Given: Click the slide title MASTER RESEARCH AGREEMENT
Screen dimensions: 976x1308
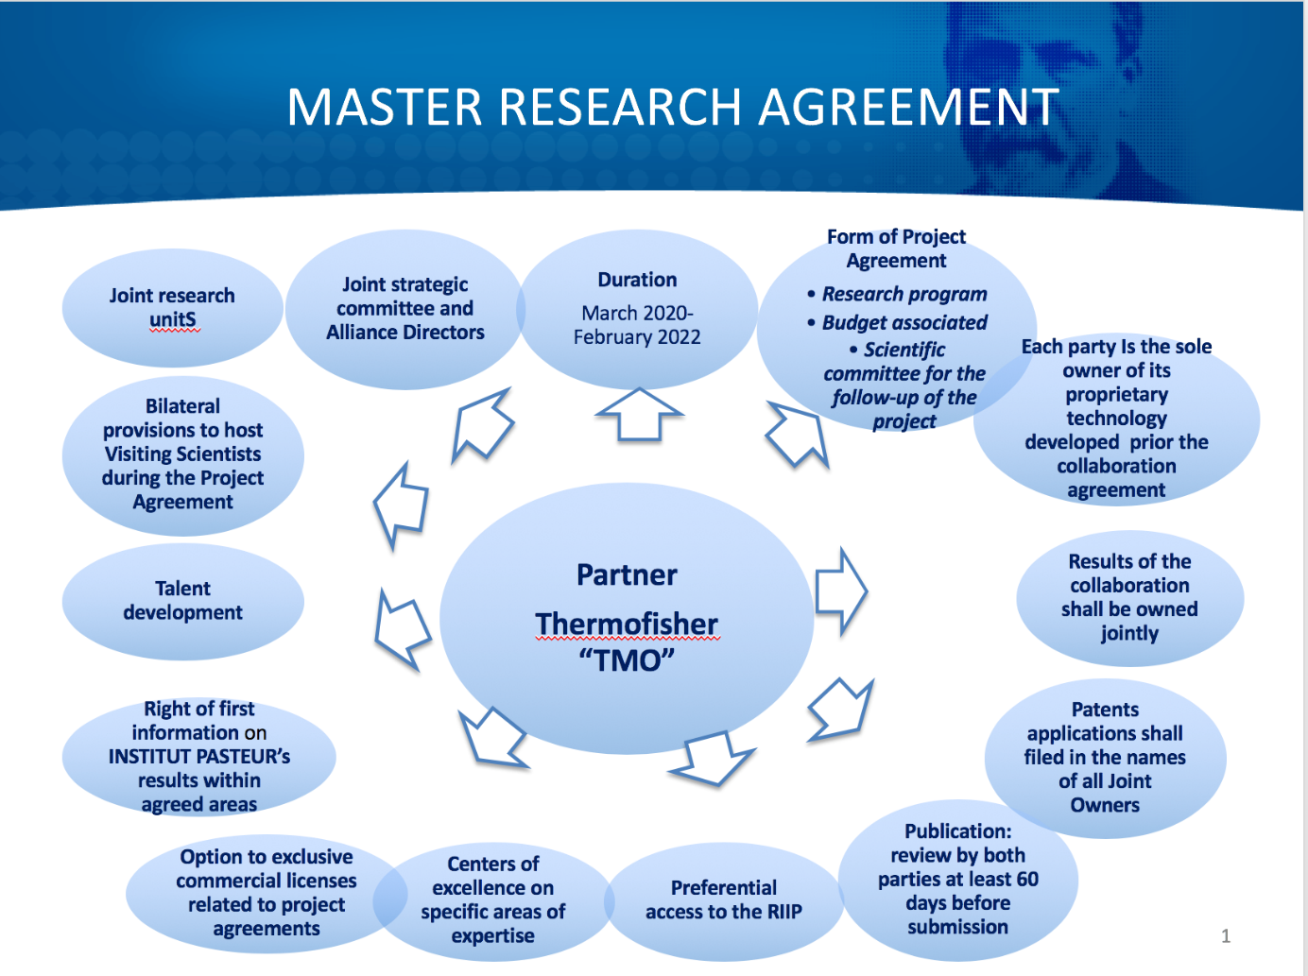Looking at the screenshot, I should [672, 107].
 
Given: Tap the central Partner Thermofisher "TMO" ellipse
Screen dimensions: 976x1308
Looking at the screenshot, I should [627, 619].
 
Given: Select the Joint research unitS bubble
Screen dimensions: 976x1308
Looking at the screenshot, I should [172, 308].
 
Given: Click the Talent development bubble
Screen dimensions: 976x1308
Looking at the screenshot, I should [182, 601].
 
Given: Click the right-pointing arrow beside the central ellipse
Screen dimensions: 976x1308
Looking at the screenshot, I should [840, 591].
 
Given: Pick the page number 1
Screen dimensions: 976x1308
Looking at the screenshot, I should [1226, 936].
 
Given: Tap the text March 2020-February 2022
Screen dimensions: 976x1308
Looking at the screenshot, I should [637, 325].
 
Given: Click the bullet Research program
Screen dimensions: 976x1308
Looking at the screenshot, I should [904, 294].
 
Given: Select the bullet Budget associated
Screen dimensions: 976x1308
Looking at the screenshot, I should [904, 322].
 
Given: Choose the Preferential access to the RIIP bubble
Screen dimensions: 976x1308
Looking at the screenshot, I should [723, 899].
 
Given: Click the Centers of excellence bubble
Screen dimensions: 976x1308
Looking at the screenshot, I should [492, 899].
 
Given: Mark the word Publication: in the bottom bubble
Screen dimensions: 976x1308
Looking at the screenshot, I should [957, 831].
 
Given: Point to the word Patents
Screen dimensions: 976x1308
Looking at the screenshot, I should [1105, 710].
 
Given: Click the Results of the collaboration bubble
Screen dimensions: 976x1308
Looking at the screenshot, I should [1129, 597].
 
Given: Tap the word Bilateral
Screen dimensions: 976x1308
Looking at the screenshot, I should [182, 406].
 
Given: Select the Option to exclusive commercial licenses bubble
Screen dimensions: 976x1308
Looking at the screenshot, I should [267, 893].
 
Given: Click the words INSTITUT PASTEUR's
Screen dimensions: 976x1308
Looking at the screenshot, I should [198, 757].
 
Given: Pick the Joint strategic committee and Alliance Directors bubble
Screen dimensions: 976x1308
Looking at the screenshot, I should [404, 309].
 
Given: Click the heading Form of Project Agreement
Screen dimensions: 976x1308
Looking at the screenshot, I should [896, 248].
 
